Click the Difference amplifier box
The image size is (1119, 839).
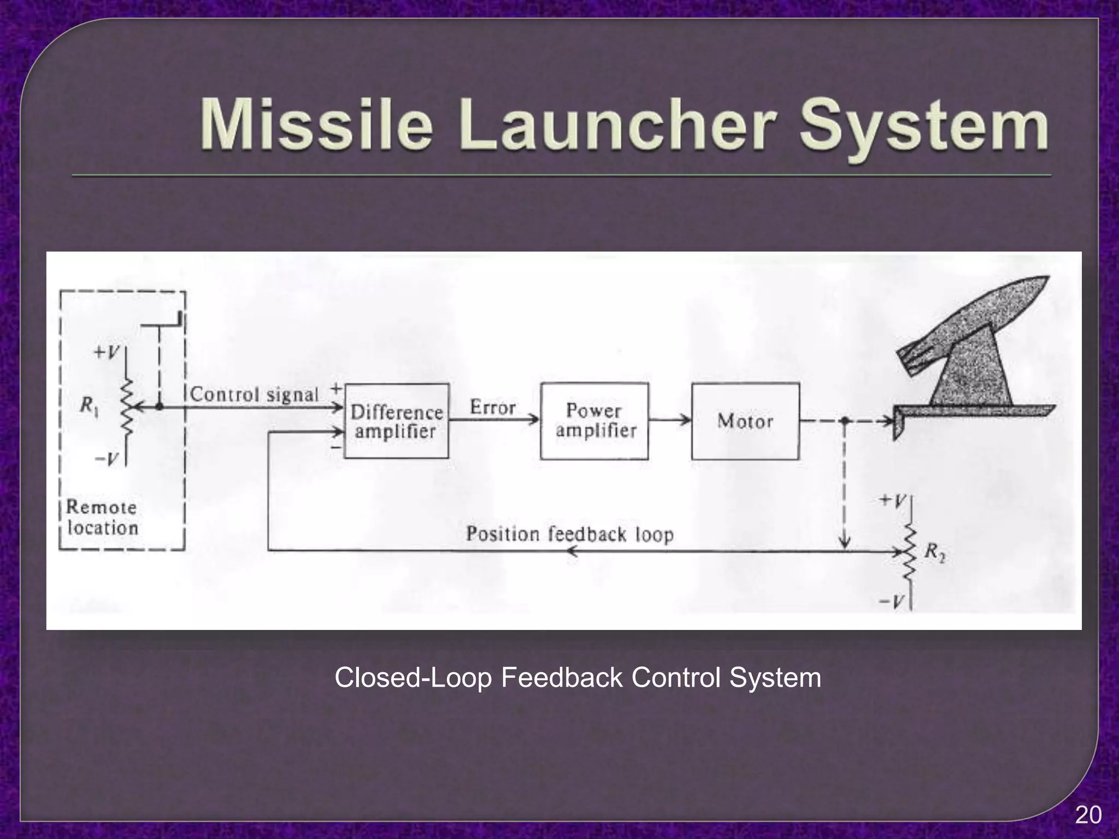point(396,421)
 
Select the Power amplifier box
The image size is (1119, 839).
point(594,421)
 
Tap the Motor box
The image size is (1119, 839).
point(745,421)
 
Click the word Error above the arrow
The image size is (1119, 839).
point(492,407)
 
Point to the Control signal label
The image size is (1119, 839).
point(254,394)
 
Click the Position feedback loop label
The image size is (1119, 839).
point(569,534)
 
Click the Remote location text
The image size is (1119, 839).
point(102,517)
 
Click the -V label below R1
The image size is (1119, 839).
point(107,459)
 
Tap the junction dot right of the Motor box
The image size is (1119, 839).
point(845,421)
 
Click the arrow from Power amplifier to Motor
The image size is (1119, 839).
point(670,420)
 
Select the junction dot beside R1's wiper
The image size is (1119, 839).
point(159,407)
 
